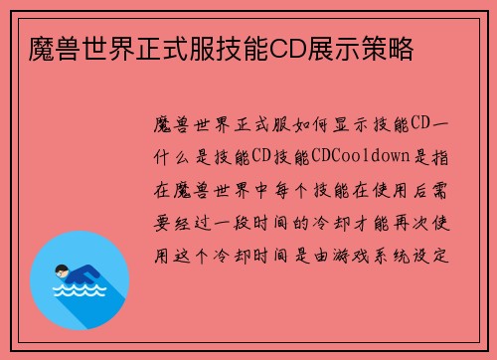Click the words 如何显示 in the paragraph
click(x=315, y=128)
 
